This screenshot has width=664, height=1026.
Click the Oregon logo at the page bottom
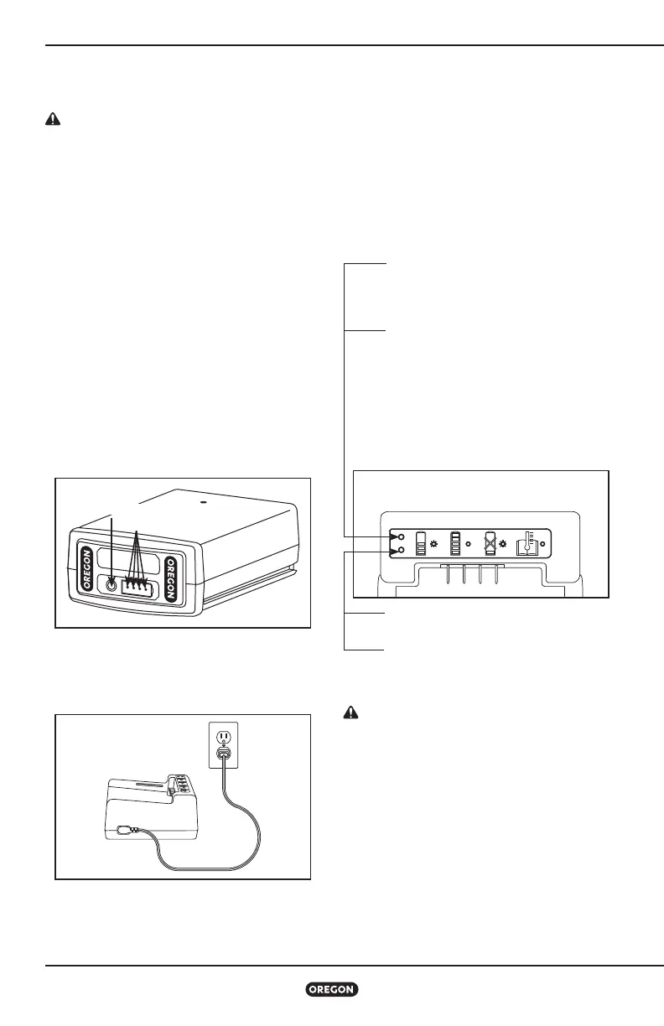[332, 990]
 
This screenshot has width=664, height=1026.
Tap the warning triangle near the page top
[52, 120]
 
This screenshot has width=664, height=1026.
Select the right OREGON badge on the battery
[173, 578]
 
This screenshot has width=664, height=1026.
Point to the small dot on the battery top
[204, 505]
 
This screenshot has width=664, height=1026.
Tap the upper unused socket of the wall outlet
[223, 735]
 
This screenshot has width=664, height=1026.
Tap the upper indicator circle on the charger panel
[402, 536]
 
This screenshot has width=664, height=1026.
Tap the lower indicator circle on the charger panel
[402, 550]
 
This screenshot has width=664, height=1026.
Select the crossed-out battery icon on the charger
[492, 543]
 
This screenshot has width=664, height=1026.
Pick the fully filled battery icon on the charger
[456, 543]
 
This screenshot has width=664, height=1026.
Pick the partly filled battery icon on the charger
[421, 543]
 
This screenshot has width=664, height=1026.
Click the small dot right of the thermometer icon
[542, 544]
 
